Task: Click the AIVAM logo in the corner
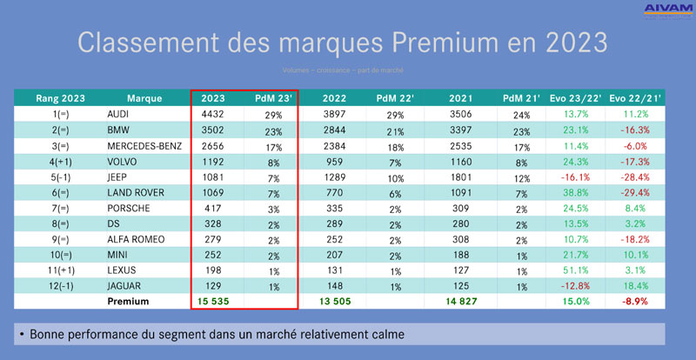point(667,10)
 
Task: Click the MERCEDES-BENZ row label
point(144,145)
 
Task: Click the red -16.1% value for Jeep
point(573,177)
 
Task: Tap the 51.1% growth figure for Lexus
point(573,270)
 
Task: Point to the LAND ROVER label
point(137,192)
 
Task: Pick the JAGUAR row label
point(126,286)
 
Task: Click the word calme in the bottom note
point(383,335)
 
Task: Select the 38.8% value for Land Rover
point(573,192)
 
